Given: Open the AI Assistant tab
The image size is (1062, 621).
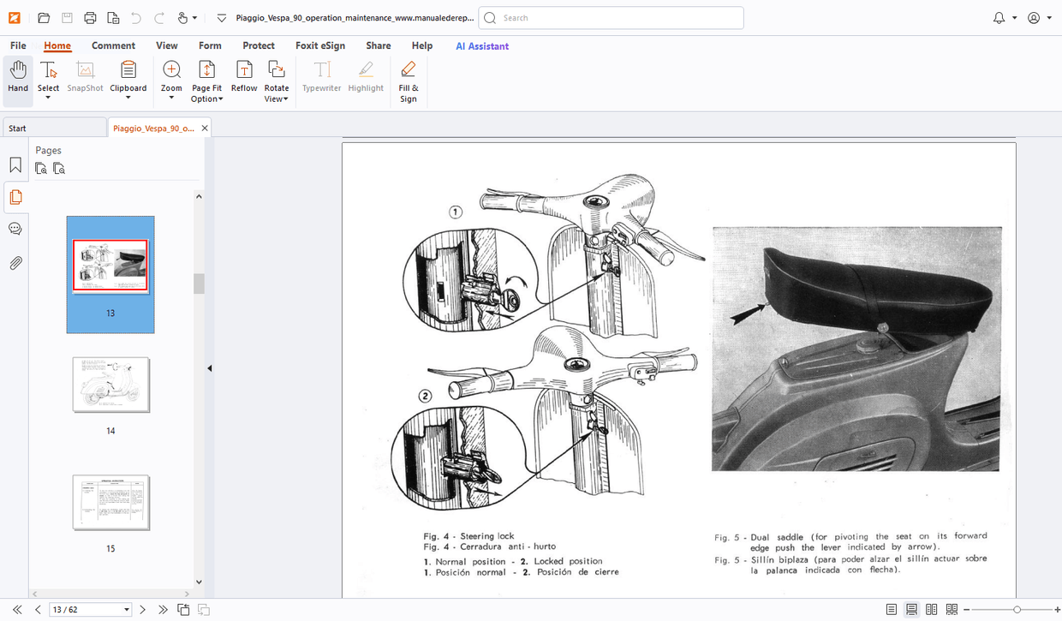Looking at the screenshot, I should click(x=482, y=46).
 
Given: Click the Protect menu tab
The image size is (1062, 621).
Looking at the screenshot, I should click(x=259, y=46).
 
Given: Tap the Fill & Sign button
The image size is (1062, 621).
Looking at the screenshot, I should click(x=409, y=81).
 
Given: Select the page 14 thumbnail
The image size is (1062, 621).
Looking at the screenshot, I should click(x=111, y=385).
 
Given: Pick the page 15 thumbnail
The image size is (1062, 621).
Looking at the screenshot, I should click(x=111, y=503).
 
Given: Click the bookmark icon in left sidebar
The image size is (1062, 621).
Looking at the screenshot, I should click(x=15, y=165).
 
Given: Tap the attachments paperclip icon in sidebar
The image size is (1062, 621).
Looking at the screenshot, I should click(x=15, y=263).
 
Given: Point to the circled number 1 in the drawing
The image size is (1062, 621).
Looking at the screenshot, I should click(x=456, y=212).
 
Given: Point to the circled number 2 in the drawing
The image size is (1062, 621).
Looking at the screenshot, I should click(x=426, y=396).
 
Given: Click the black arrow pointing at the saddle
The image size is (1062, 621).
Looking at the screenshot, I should click(x=746, y=314).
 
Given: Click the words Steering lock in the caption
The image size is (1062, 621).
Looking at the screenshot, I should click(x=487, y=536).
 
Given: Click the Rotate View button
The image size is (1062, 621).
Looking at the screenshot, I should click(x=276, y=81).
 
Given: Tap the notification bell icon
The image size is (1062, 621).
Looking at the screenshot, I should click(x=999, y=18).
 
